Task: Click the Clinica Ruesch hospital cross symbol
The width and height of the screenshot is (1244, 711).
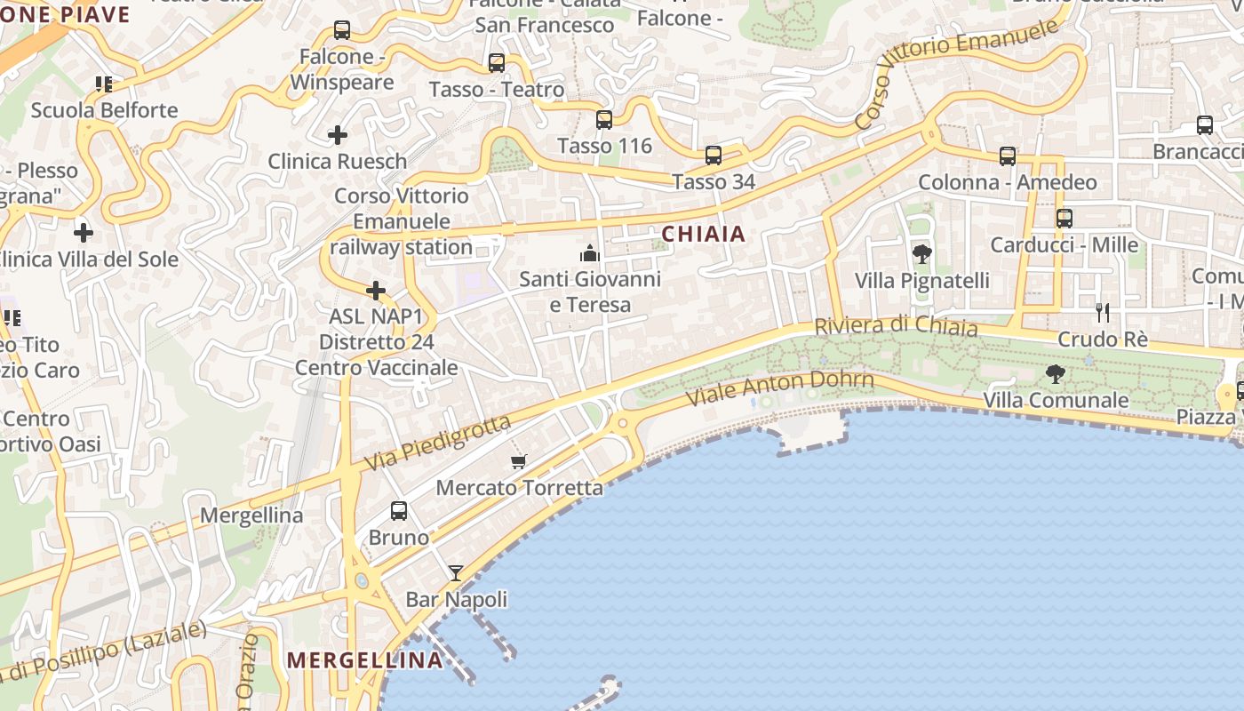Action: point(338,135)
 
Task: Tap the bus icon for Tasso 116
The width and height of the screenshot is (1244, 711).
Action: point(604,119)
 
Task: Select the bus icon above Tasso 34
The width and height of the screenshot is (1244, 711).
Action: point(713,156)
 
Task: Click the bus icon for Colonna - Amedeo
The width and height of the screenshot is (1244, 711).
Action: point(1007,156)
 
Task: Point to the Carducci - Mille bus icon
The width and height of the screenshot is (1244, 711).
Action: point(1064,218)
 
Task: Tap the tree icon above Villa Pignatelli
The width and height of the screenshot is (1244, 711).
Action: point(921,254)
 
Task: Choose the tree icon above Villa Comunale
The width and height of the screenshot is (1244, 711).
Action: point(1055,373)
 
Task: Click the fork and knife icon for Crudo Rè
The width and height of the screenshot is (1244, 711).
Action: point(1103,312)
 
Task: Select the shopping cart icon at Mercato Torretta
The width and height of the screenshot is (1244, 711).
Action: point(519,461)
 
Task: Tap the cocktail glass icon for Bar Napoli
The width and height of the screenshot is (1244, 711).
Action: point(456,573)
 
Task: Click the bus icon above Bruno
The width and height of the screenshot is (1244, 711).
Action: point(399,511)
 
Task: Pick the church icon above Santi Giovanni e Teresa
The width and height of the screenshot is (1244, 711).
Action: point(589,253)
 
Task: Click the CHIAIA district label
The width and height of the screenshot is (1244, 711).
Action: point(703,234)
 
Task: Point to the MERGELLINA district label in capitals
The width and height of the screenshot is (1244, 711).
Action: point(365,659)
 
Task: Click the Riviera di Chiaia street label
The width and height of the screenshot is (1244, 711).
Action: point(896,326)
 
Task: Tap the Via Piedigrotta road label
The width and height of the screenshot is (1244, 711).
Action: point(439,443)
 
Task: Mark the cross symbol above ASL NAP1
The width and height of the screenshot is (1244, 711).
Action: point(376,291)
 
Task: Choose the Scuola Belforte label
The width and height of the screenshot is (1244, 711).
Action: point(105,110)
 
